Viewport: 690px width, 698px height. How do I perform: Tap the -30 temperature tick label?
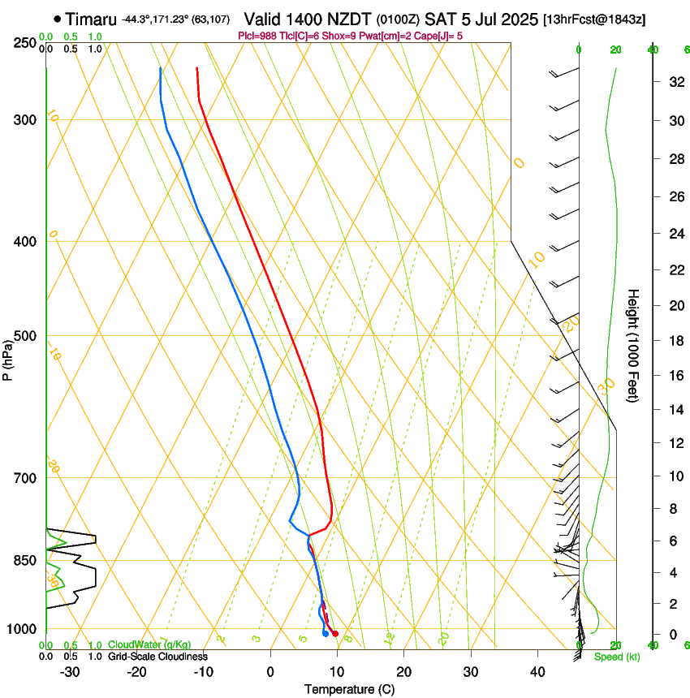[70, 672]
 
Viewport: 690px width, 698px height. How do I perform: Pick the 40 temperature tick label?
[537, 672]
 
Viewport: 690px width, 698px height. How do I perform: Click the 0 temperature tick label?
[270, 672]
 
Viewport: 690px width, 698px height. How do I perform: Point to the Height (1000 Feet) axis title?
[634, 346]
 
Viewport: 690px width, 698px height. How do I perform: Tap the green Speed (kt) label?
[616, 657]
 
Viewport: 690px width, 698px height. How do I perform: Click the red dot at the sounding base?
[335, 633]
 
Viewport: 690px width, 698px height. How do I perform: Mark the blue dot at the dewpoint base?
[326, 634]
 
